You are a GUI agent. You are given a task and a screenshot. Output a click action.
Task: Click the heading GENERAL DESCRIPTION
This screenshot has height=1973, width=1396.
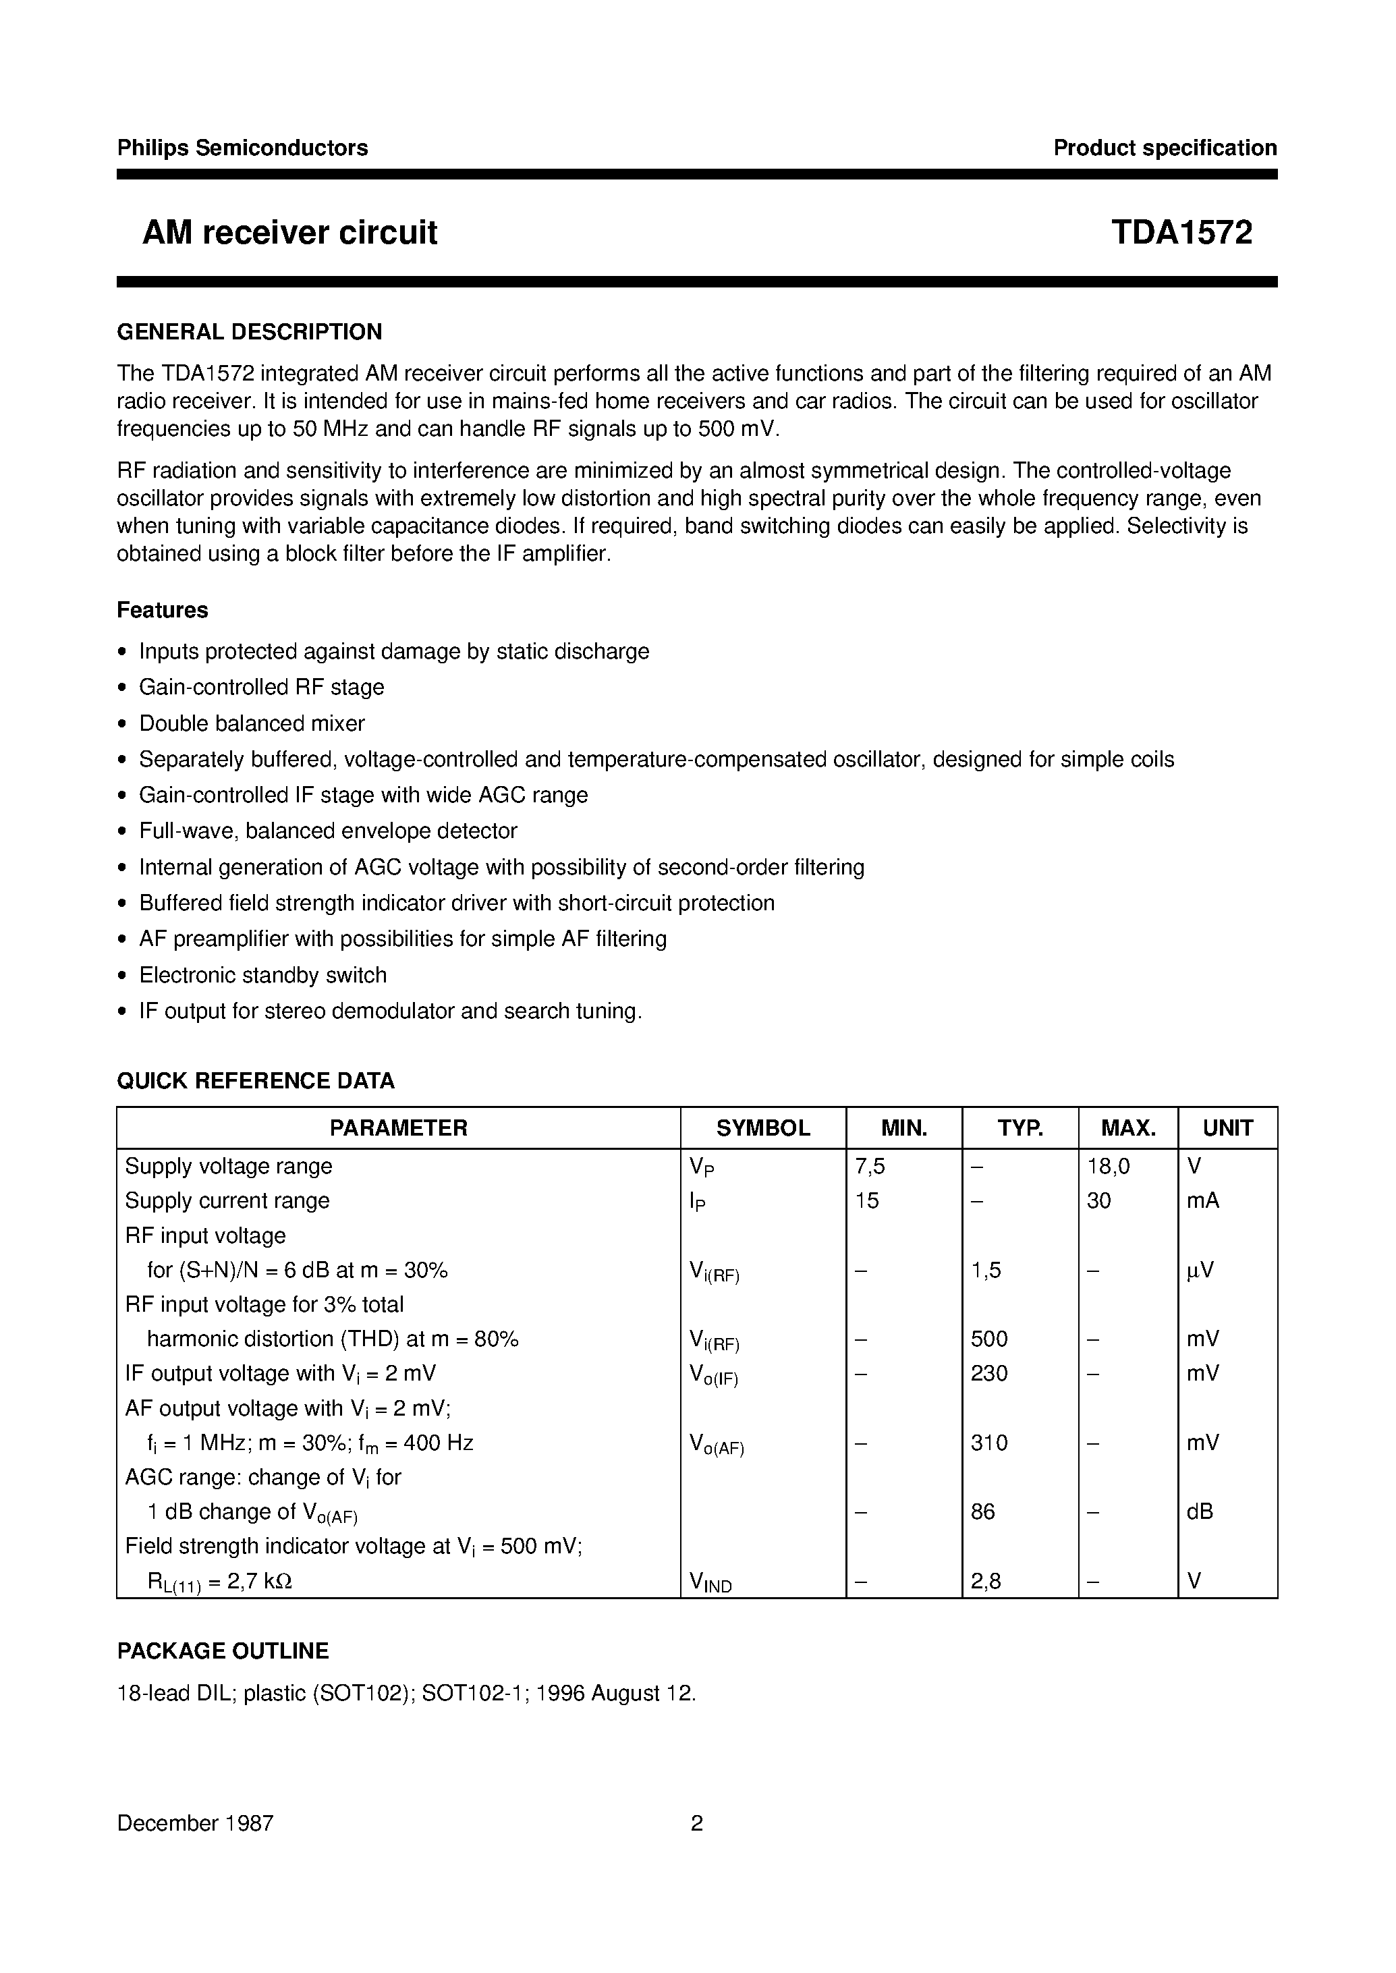[x=249, y=332]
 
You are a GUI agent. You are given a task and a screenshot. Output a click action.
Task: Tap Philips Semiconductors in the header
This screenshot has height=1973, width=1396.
[x=242, y=148]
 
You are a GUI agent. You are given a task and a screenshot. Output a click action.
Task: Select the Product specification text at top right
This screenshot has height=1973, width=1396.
[x=1165, y=148]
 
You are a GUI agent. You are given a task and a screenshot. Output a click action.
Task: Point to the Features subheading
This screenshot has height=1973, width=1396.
[x=163, y=611]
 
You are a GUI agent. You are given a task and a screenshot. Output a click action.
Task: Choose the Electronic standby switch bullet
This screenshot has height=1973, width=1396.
[x=263, y=975]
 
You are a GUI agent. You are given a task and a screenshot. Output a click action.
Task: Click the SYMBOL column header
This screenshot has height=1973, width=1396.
[x=762, y=1128]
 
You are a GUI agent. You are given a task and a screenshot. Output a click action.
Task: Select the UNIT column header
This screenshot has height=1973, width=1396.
[x=1227, y=1128]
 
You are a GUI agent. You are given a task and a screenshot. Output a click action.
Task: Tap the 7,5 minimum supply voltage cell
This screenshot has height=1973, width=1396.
[x=870, y=1167]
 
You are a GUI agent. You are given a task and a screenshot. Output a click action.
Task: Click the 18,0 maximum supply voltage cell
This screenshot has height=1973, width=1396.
[x=1108, y=1167]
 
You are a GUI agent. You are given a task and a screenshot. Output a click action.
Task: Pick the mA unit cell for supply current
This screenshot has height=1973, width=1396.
[x=1202, y=1201]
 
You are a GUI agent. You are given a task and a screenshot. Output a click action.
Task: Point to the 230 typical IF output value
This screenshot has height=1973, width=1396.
[x=988, y=1373]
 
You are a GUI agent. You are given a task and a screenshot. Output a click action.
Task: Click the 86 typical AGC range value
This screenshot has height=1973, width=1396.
[x=982, y=1511]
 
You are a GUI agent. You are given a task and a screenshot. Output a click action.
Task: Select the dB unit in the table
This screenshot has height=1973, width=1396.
[x=1200, y=1511]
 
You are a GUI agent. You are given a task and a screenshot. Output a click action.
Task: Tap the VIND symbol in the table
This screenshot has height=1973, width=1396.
[x=710, y=1582]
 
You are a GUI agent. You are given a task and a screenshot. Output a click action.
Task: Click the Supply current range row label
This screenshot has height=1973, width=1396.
[x=227, y=1201]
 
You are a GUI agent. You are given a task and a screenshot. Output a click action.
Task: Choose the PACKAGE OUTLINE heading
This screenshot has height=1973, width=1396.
[x=223, y=1650]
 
